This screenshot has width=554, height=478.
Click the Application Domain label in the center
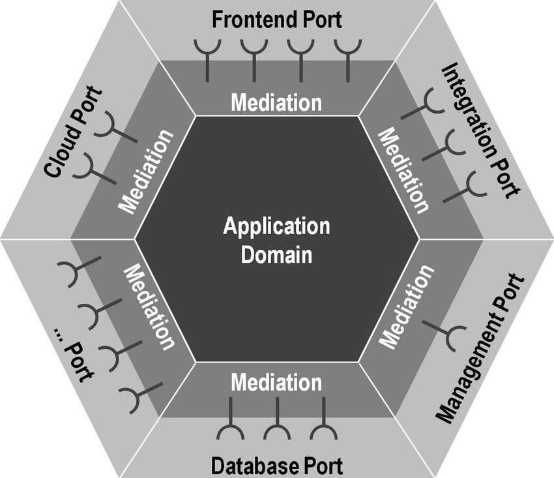click(x=276, y=239)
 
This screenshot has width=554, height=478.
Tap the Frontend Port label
click(x=276, y=19)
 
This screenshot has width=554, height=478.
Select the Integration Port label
click(x=481, y=130)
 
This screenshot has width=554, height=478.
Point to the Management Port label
click(x=480, y=348)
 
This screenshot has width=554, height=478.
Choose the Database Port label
click(x=276, y=466)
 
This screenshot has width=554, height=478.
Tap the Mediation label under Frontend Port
click(x=276, y=102)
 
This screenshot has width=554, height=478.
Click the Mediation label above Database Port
click(x=276, y=381)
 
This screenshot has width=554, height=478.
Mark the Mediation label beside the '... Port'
click(x=149, y=306)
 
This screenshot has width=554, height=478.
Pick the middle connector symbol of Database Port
click(x=277, y=421)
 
